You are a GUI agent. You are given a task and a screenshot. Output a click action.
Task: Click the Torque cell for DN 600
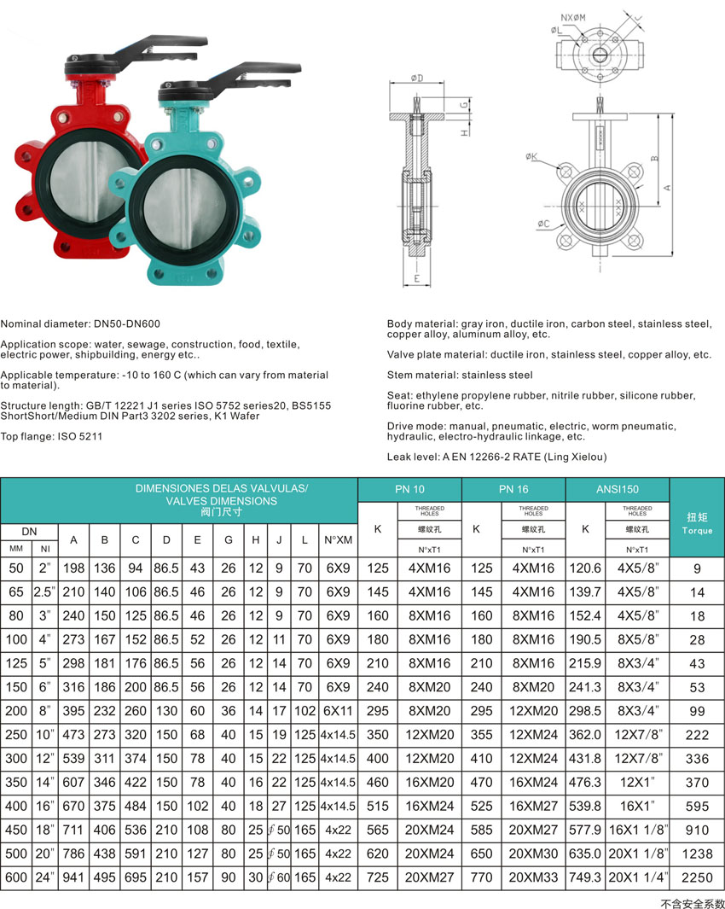coord(698,877)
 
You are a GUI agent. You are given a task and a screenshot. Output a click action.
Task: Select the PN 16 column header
coord(513,489)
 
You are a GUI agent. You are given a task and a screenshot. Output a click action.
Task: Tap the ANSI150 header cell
coord(618,489)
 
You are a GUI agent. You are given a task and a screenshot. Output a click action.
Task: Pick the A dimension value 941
coord(73,877)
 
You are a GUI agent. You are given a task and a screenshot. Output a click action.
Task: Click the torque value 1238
coord(698,853)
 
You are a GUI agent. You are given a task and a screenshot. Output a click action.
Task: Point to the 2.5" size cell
coord(43,591)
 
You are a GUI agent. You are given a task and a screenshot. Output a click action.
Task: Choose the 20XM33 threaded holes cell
coord(533,877)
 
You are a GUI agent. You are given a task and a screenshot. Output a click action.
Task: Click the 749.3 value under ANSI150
coord(585,877)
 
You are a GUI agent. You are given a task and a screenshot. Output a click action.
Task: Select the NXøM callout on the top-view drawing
coord(572,17)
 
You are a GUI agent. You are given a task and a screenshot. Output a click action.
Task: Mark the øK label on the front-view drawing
coord(531,156)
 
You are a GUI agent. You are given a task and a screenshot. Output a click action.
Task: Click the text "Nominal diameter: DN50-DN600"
coord(80,323)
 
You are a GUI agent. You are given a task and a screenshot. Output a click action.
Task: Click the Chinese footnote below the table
coord(692,901)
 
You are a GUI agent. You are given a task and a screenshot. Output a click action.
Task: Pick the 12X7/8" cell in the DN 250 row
coord(637,734)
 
